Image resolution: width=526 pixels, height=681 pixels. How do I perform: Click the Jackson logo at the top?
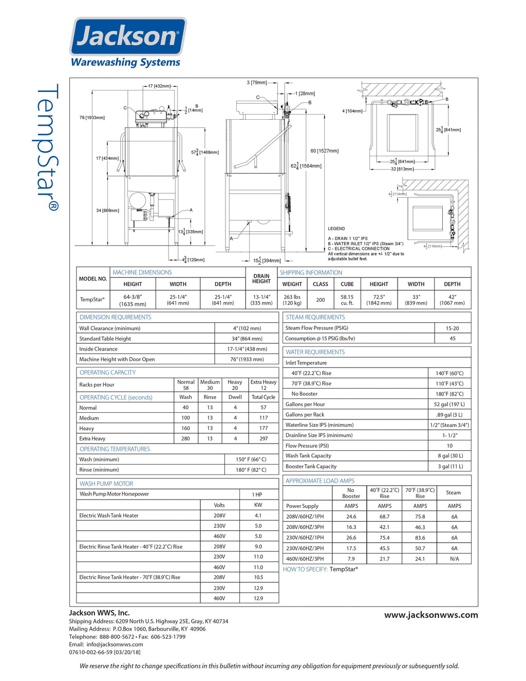coord(127,37)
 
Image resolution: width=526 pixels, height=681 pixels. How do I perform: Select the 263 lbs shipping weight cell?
coord(292,300)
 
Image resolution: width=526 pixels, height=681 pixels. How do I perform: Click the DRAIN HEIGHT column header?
coord(261,279)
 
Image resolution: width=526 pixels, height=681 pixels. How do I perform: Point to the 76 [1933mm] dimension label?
coord(92,118)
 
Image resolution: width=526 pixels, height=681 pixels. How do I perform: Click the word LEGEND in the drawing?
coord(336,229)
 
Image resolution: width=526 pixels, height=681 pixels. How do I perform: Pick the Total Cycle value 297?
coord(264,438)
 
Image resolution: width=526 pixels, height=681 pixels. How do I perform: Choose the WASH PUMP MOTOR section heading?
coord(106,484)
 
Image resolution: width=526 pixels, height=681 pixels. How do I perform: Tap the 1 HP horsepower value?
coord(257,494)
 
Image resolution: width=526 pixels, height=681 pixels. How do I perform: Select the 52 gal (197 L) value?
coord(449,404)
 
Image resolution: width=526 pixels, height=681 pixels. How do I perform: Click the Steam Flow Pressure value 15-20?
coord(452,328)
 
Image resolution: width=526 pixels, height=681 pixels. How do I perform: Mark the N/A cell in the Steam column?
coord(454,559)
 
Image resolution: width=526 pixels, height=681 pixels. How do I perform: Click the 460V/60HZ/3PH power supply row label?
coord(305,559)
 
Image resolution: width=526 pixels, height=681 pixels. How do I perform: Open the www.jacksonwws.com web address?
coord(431,615)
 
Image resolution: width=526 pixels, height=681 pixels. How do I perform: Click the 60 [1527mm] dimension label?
coord(324,151)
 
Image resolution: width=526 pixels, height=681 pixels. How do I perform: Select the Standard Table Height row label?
coord(105,339)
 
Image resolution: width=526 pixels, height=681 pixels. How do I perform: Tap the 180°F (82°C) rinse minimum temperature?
coord(251,470)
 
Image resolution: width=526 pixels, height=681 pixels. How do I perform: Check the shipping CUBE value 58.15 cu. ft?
coord(347,300)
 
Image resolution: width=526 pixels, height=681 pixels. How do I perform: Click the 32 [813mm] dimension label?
coord(402,169)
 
